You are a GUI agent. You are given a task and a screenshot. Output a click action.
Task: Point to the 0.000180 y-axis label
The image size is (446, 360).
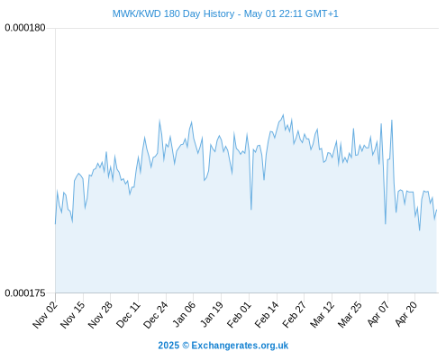tap(25, 28)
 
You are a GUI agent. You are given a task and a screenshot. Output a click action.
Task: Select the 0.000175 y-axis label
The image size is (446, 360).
tap(25, 292)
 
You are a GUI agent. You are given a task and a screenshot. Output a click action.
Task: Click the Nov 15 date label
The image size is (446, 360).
tap(73, 315)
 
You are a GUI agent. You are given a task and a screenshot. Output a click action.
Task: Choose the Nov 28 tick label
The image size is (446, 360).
tap(100, 315)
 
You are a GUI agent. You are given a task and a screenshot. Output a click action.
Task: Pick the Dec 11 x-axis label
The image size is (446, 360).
tap(128, 315)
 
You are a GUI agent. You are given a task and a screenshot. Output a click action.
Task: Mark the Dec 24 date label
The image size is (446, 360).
tap(156, 315)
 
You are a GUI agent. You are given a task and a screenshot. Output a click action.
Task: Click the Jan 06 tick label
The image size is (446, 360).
tap(184, 315)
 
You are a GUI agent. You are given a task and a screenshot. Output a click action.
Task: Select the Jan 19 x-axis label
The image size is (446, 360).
tap(212, 315)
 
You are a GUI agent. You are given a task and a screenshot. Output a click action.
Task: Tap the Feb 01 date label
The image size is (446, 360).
tap(239, 315)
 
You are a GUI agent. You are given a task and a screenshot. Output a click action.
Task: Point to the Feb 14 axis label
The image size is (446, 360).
tap(267, 315)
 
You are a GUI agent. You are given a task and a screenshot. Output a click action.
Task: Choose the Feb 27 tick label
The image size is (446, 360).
tap(295, 315)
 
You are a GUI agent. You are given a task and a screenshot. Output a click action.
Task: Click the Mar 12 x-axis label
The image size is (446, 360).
tap(323, 315)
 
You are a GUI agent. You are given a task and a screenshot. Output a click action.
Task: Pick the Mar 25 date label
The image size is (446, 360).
tap(350, 315)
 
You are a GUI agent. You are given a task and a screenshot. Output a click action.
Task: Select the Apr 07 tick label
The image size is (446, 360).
tap(378, 315)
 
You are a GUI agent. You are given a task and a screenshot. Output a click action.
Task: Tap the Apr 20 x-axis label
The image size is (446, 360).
tap(405, 315)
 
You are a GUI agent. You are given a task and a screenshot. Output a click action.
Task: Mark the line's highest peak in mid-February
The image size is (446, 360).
tap(283, 114)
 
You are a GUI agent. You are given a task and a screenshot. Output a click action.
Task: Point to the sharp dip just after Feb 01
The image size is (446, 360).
tap(251, 209)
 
